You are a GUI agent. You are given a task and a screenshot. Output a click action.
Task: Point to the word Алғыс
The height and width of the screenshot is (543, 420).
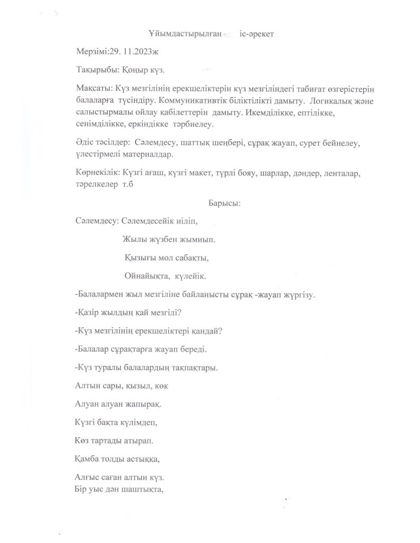pos(88,477)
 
